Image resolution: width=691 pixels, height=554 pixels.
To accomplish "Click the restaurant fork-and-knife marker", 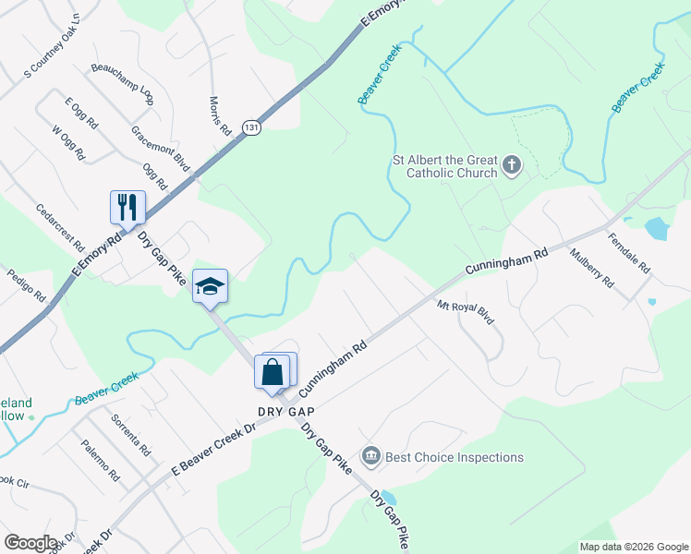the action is tap(127, 207).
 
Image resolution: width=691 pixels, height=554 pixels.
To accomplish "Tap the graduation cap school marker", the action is tap(210, 285).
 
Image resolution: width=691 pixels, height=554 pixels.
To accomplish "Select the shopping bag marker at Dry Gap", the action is tap(273, 372).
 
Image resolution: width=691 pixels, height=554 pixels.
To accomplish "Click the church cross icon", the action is tap(513, 167).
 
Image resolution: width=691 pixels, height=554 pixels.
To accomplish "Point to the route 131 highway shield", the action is tap(251, 127).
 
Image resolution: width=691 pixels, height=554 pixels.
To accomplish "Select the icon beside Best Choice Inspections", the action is tap(370, 456).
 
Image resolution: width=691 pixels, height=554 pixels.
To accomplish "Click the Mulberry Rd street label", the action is tap(591, 269).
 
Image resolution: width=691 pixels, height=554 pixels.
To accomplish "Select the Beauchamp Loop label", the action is tap(122, 81).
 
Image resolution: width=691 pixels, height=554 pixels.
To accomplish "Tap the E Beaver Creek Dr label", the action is tap(212, 452).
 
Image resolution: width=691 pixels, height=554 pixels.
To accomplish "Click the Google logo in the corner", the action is tap(30, 543).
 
